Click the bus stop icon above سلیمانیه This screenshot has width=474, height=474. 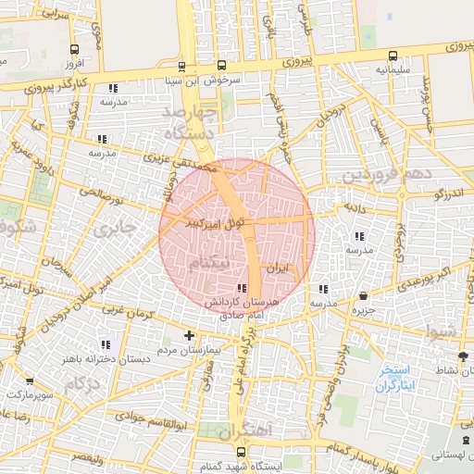click(393, 55)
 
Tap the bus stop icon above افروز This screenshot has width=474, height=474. click(75, 50)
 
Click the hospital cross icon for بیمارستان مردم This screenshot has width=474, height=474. click(190, 335)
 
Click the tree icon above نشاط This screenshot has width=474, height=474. click(462, 355)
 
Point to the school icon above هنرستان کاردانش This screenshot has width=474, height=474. click(243, 289)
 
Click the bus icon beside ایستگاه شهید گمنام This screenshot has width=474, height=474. click(242, 452)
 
